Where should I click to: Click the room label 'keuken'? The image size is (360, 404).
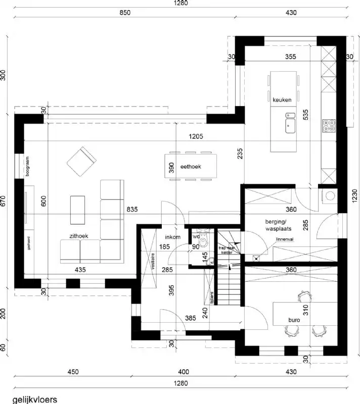pyautogui.click(x=282, y=100)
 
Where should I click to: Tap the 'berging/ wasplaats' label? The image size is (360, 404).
pyautogui.click(x=276, y=225)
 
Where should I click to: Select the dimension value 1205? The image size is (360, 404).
pyautogui.click(x=197, y=136)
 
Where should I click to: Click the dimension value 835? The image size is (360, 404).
pyautogui.click(x=132, y=209)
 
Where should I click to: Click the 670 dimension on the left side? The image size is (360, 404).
pyautogui.click(x=4, y=201)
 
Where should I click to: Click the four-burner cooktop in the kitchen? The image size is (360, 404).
pyautogui.click(x=329, y=125)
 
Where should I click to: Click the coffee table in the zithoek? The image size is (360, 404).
pyautogui.click(x=78, y=209)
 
